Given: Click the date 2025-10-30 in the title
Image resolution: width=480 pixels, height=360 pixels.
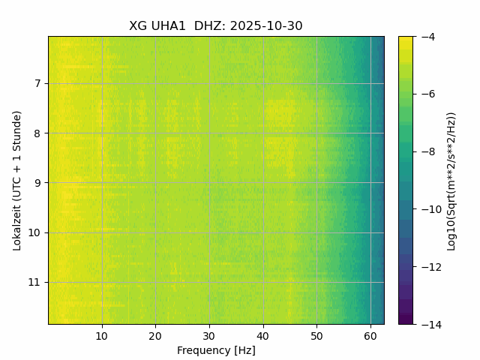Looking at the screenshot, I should click(266, 25).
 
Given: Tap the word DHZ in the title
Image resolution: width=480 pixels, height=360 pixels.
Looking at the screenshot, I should click(208, 25).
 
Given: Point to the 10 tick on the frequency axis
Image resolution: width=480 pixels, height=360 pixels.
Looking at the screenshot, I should click(102, 335).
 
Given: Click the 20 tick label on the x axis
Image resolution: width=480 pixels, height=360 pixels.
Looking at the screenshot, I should click(155, 335).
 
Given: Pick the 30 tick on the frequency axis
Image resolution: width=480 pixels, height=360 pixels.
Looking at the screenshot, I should click(209, 335).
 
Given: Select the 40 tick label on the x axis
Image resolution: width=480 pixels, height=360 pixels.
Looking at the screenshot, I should click(262, 335).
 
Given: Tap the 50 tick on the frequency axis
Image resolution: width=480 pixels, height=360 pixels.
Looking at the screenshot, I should click(316, 335).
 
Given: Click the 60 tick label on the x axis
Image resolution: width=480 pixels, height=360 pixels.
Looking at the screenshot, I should click(370, 335).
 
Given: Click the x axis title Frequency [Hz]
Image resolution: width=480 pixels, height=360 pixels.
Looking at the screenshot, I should click(216, 349).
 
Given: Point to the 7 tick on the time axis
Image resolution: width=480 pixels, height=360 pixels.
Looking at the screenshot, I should click(37, 83).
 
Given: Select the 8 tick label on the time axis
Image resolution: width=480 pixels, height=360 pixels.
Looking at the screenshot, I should click(37, 133).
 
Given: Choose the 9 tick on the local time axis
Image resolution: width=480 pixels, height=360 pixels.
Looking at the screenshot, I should click(37, 183).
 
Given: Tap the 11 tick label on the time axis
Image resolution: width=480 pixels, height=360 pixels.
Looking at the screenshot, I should click(34, 283).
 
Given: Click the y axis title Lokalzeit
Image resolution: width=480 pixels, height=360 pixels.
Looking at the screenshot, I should click(17, 180).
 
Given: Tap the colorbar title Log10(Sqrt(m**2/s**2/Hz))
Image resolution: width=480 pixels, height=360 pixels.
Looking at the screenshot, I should click(451, 180).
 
